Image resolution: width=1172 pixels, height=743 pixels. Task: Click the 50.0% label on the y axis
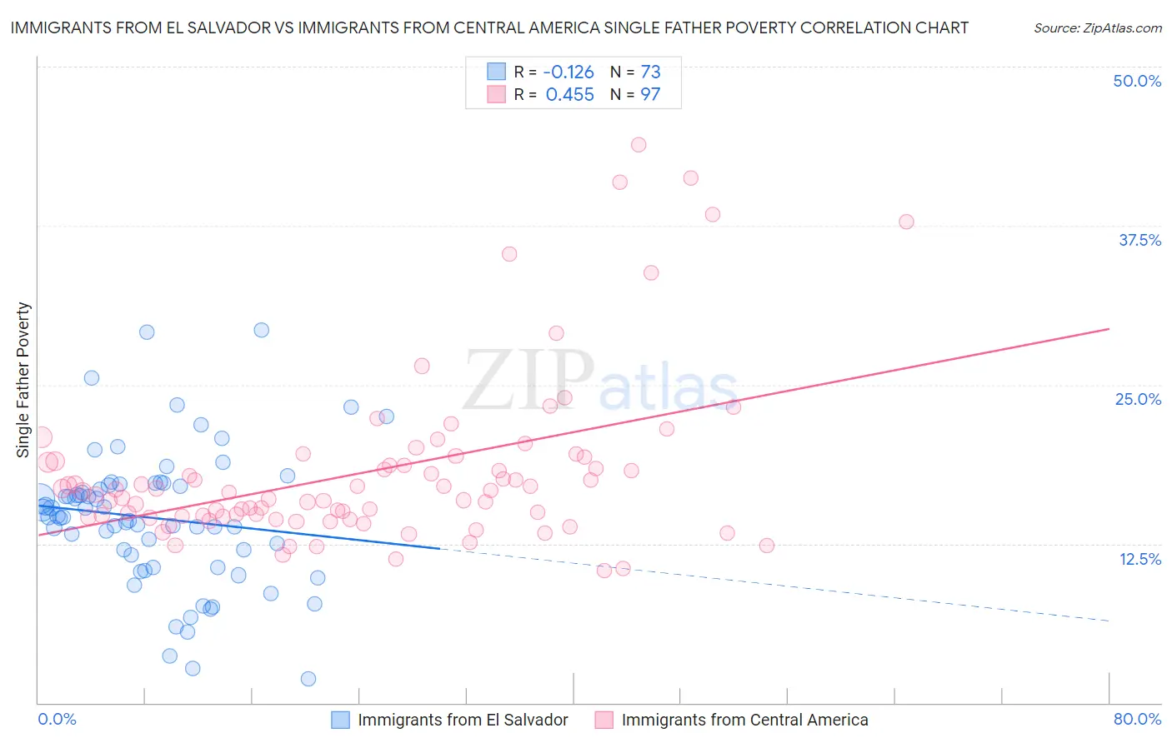(1137, 81)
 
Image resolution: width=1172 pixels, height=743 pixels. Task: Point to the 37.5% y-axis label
(1139, 240)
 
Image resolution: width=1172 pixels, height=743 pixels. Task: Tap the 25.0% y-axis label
(1138, 399)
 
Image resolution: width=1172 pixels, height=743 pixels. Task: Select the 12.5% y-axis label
(1139, 559)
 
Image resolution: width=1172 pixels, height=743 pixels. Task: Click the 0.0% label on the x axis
(57, 719)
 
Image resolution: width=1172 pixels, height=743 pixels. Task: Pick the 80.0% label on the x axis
(1137, 719)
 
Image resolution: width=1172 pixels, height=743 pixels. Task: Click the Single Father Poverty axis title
(23, 380)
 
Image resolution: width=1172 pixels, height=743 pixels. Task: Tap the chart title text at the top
(489, 27)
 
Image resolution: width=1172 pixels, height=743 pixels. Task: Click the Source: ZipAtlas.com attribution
(1097, 27)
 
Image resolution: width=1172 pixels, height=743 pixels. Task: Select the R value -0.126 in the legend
(569, 72)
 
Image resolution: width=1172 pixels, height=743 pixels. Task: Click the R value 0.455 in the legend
(569, 95)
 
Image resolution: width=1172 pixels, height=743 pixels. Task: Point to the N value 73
(650, 72)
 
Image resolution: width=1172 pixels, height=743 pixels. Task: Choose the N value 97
(650, 95)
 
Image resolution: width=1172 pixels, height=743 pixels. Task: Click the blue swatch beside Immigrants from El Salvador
(340, 720)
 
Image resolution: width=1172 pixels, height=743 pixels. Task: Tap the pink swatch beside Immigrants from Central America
(604, 720)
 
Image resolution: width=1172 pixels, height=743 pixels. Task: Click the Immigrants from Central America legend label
(744, 720)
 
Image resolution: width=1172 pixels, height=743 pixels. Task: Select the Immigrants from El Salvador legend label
(463, 720)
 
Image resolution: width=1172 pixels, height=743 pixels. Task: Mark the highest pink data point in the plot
(639, 145)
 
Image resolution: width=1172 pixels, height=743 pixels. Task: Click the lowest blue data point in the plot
(308, 679)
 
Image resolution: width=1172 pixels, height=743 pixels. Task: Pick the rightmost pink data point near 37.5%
(906, 222)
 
